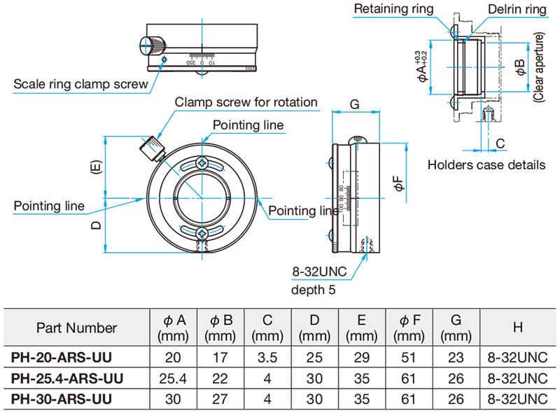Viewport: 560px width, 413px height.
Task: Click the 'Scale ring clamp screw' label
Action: tap(80, 85)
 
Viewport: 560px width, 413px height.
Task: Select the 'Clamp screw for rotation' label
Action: tap(246, 102)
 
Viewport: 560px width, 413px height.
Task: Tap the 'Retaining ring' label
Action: tap(393, 9)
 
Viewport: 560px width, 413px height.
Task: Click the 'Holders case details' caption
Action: tap(486, 165)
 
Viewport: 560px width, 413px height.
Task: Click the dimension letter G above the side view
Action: tap(354, 106)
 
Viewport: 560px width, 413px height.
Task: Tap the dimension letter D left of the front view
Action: tap(96, 225)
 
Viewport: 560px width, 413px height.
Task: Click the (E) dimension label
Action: tap(96, 168)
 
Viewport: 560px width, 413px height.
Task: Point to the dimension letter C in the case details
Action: tap(500, 143)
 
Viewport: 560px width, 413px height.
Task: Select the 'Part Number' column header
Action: tap(76, 328)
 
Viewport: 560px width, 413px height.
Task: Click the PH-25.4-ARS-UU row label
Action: tap(67, 379)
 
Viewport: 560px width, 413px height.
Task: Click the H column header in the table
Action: tap(517, 328)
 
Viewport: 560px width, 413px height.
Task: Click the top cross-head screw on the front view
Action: tap(202, 163)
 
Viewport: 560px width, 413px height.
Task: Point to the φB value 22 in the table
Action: tap(220, 379)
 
